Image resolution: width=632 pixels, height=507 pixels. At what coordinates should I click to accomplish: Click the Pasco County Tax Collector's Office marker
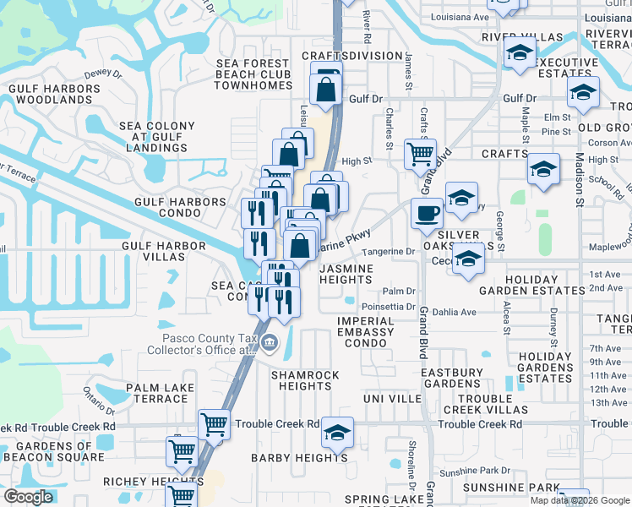(270, 342)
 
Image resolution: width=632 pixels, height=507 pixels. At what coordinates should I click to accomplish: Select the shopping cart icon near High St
(420, 153)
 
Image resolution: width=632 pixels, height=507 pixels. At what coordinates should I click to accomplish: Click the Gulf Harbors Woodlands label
(53, 94)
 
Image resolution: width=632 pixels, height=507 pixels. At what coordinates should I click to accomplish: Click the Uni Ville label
(392, 398)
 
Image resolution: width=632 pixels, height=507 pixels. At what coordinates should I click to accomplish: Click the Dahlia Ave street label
(455, 312)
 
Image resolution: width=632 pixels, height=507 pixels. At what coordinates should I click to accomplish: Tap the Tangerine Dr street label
(388, 251)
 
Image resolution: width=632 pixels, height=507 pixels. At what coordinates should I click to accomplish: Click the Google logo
(29, 497)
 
